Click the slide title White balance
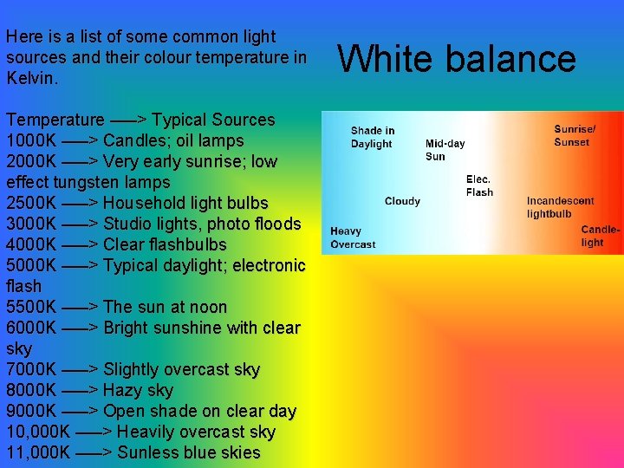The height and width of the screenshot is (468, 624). coord(457,59)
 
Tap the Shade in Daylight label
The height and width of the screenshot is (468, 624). coord(373,137)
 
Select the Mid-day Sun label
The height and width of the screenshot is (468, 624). coord(445,150)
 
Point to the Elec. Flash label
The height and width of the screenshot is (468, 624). coord(479,186)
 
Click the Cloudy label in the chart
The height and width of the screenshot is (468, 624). coord(402,201)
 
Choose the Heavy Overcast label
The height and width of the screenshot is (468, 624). coord(353,237)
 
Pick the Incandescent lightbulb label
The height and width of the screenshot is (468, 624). coord(560,207)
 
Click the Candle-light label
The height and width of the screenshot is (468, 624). coord(600,237)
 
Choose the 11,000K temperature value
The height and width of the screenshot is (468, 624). coord(38,452)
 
